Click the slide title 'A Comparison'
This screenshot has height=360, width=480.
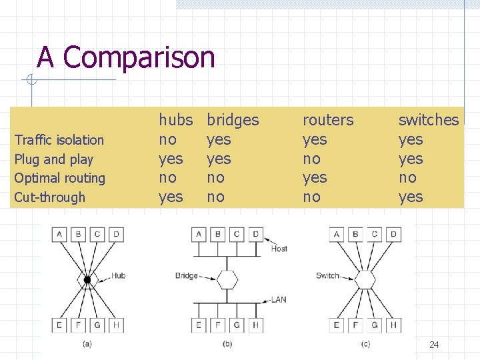pos(126,57)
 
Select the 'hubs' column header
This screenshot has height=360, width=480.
pos(175,120)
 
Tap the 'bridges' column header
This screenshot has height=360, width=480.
pos(233,120)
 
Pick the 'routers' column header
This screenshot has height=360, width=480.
pos(328,120)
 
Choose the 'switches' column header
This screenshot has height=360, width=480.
pos(428,120)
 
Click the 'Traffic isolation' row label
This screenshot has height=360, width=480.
pos(59,140)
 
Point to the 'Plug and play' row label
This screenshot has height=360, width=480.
pos(54,159)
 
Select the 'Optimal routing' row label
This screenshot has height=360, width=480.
pos(60,178)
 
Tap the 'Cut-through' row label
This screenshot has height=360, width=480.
pos(50,197)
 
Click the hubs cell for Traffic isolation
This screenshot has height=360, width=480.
pos(167,139)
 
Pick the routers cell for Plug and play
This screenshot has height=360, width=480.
pos(311,159)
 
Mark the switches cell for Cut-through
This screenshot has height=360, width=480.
pos(411,197)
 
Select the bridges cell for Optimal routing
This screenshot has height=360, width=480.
pos(215,177)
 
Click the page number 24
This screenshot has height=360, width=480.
pos(434,345)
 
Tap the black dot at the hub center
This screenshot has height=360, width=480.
pos(87,279)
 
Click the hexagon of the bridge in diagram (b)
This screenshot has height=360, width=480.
pos(227,279)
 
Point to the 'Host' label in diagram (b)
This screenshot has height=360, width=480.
pos(279,249)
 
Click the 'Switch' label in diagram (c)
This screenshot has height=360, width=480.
pos(327,275)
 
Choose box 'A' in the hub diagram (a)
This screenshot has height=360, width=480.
pos(61,234)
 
